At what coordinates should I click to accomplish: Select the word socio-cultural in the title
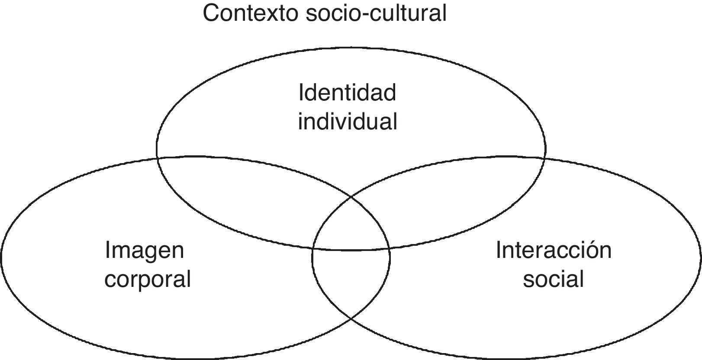(x=376, y=13)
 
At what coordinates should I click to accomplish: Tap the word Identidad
(x=347, y=93)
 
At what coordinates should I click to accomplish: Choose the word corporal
(x=148, y=279)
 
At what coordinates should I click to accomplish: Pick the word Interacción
(x=554, y=250)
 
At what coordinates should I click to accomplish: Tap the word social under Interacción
(x=553, y=279)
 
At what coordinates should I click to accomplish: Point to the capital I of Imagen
(x=108, y=250)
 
